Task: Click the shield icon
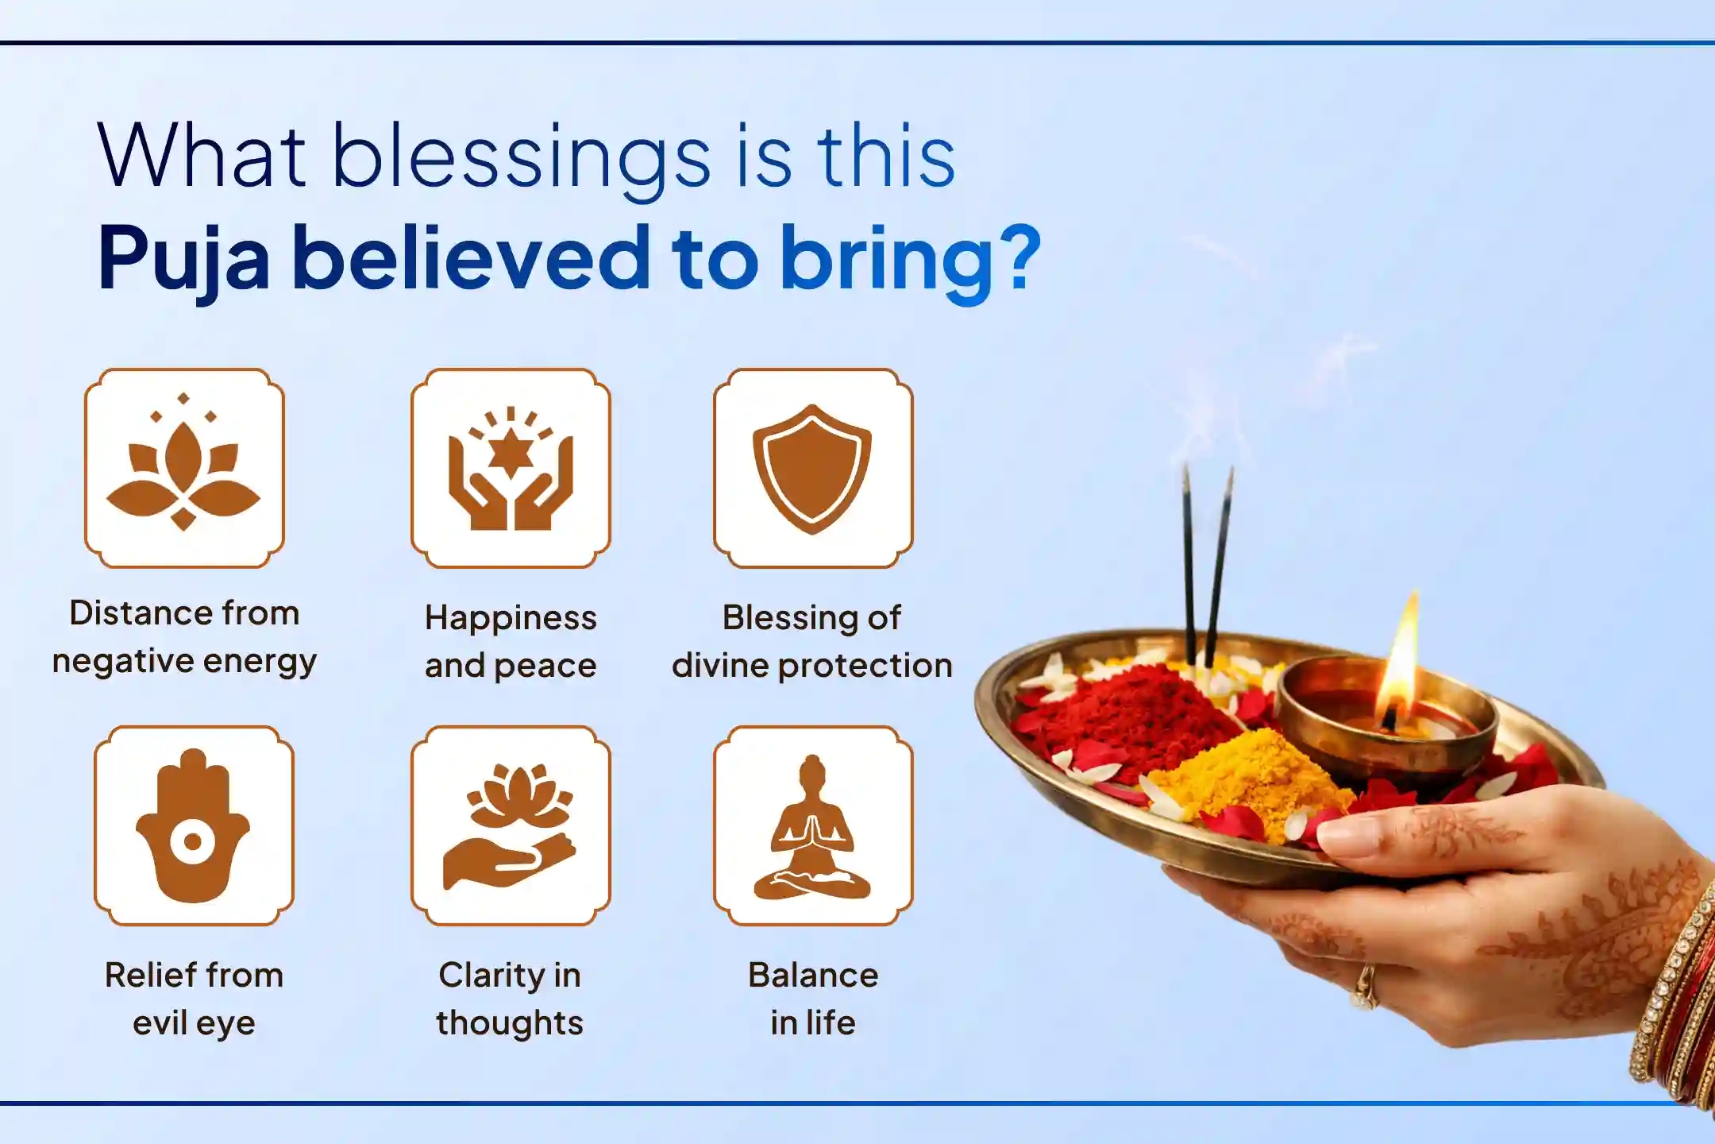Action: pos(812,469)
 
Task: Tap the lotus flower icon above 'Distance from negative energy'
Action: pos(184,469)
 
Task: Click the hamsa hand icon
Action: pos(193,826)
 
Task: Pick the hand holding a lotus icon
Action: pos(511,826)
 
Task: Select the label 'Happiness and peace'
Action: pos(511,641)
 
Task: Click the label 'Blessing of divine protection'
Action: pos(811,641)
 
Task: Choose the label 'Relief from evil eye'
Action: pos(194,999)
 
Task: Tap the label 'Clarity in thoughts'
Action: pos(510,999)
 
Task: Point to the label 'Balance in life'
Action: pos(813,999)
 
